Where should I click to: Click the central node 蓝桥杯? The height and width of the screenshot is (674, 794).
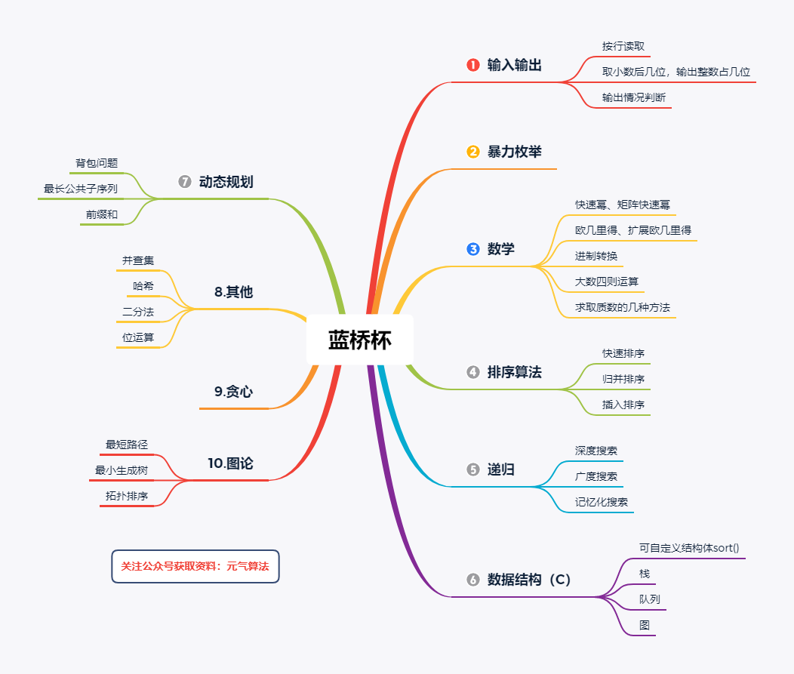[359, 340]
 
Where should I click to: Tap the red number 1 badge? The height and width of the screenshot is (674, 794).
[473, 65]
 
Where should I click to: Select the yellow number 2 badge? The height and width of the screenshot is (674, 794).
[473, 152]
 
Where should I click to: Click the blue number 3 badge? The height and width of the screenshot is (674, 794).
[473, 248]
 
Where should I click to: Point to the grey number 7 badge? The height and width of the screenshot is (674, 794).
[185, 181]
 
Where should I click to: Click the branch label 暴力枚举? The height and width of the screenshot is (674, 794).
[515, 152]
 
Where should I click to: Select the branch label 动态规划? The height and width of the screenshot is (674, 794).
[226, 181]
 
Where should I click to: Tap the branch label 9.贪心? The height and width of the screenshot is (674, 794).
[233, 391]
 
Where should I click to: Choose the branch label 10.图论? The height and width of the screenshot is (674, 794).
[230, 463]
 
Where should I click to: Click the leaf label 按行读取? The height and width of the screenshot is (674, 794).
[623, 46]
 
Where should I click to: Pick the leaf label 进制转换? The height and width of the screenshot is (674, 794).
[596, 256]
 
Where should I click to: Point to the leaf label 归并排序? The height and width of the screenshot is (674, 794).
[623, 379]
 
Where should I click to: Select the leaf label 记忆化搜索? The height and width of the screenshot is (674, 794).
[601, 502]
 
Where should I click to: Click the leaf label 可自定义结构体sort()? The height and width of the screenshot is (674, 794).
[689, 548]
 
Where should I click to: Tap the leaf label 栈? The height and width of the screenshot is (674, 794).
[644, 573]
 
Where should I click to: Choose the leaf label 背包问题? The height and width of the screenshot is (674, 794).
[97, 162]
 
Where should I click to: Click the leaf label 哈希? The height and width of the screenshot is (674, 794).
[143, 285]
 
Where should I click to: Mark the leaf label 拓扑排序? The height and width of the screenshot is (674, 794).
[127, 496]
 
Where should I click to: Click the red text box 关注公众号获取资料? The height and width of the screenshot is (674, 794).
[195, 566]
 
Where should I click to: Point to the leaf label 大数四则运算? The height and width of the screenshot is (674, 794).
[607, 281]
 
